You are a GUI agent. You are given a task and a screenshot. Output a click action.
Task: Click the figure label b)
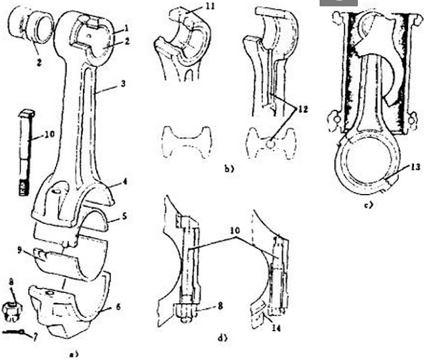[x=229, y=170]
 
